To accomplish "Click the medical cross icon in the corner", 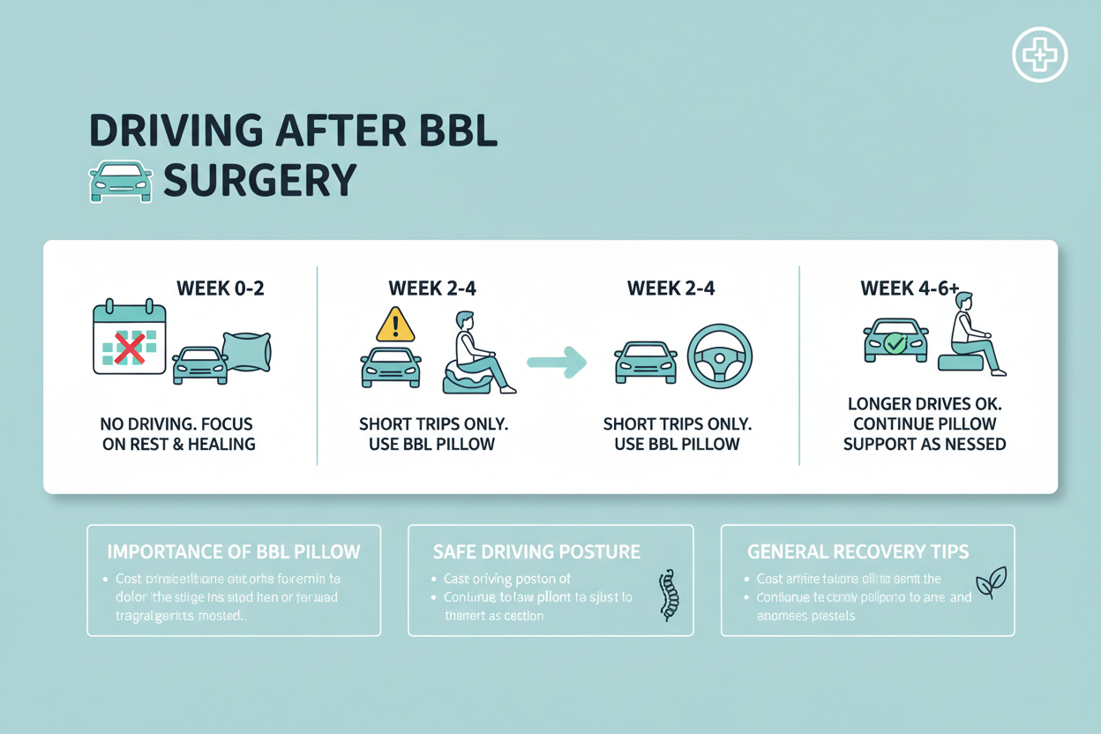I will click(x=1039, y=55).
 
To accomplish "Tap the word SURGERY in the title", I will click(x=260, y=180).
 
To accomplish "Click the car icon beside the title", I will click(x=121, y=182).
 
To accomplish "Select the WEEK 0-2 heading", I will click(x=221, y=288).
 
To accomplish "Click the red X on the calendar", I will click(x=130, y=348).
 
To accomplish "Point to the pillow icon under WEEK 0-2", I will click(x=246, y=350).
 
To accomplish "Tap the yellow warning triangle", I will click(x=395, y=325).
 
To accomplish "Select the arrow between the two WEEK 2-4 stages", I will click(x=557, y=362).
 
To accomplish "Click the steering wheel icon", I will click(x=719, y=356).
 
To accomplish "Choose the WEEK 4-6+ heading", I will click(x=910, y=288).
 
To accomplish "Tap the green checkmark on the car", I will click(x=895, y=343).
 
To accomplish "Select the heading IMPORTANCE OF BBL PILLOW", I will click(x=234, y=552).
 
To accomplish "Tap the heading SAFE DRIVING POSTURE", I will click(x=536, y=552).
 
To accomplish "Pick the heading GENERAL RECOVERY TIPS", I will click(x=858, y=552).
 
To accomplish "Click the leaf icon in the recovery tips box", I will click(x=991, y=583).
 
